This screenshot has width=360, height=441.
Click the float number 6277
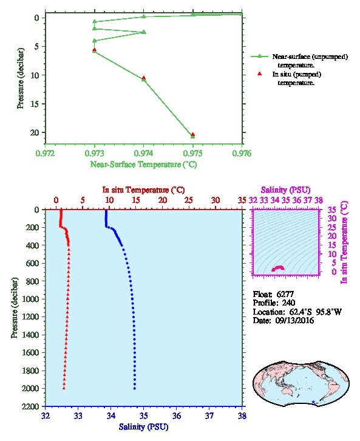pos(285,294)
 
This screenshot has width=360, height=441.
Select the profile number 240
pos(288,303)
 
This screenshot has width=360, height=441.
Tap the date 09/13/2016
pos(294,321)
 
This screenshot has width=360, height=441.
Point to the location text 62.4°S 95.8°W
pos(314,312)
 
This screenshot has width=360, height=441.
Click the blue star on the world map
pos(313,402)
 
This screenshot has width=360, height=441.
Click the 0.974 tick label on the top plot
pos(144,153)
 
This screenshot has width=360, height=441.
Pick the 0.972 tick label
pos(46,153)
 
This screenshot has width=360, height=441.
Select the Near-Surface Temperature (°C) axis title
pos(144,164)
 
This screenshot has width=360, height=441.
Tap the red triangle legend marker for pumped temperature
pos(260,74)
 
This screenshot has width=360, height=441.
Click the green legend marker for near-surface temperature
pos(260,56)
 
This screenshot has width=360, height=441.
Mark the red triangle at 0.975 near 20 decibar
pos(193,134)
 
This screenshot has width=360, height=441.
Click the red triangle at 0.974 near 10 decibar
pos(144,78)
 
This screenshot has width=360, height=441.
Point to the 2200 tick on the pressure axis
pos(30,406)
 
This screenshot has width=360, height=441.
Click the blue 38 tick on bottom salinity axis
pos(242,415)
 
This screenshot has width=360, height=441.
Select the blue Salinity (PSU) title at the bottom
pos(144,427)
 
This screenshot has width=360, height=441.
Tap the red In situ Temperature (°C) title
pos(144,190)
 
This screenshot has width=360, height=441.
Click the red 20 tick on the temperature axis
pos(163,200)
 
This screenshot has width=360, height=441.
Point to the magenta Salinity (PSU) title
pos(286,190)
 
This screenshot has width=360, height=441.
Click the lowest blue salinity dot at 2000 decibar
pos(135,388)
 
